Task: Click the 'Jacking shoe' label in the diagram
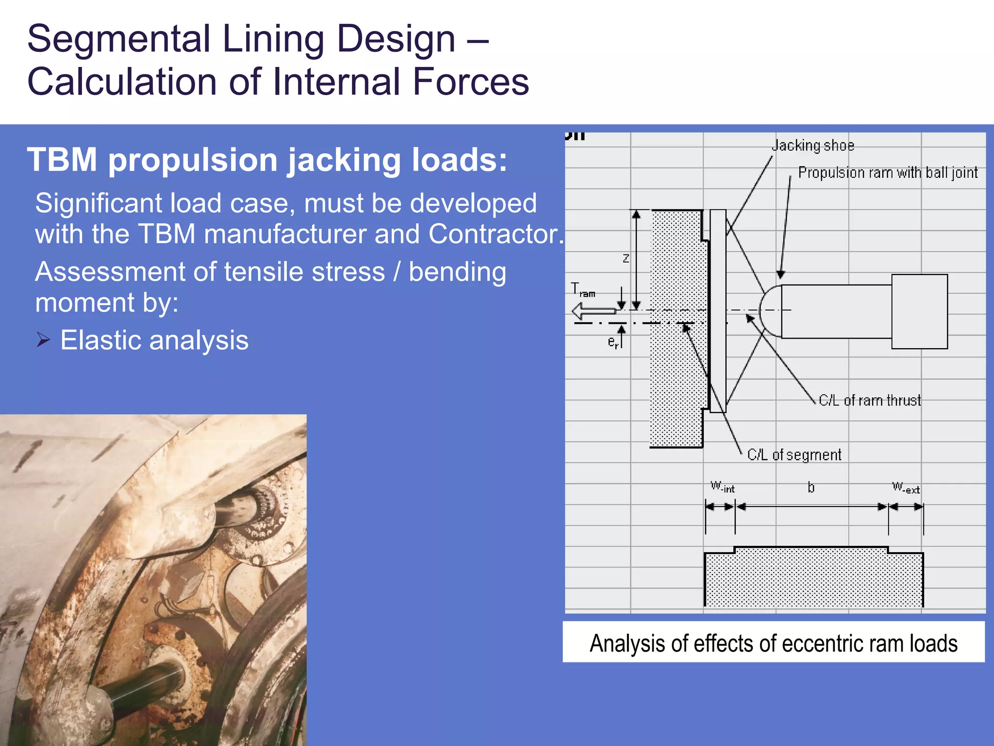point(813,146)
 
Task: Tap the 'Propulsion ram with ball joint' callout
point(888,173)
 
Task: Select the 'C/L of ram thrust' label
point(870,401)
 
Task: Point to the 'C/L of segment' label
point(794,455)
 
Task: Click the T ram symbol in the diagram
point(582,290)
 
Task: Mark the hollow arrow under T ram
point(593,311)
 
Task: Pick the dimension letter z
point(626,258)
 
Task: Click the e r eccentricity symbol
point(613,342)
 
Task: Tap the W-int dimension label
point(722,487)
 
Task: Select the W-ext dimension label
point(906,487)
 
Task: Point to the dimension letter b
point(811,487)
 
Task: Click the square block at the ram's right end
point(919,311)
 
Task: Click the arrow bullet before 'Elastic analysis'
point(43,339)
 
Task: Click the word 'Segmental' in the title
point(118,39)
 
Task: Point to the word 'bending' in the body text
point(457,272)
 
